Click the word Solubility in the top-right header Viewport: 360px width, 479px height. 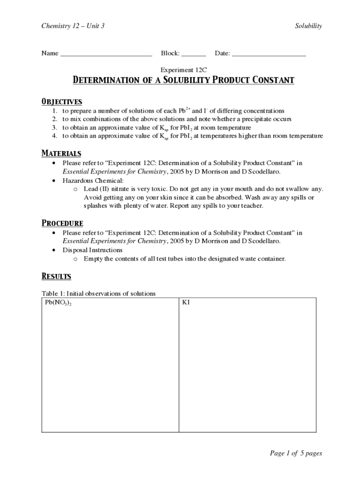coord(309,26)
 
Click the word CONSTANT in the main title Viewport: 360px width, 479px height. coord(268,80)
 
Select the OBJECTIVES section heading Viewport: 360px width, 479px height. coord(62,102)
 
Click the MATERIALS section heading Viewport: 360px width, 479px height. coord(61,153)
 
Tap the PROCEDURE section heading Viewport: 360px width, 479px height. coord(63,223)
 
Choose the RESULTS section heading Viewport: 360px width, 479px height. coord(56,276)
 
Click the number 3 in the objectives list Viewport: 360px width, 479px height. coord(55,128)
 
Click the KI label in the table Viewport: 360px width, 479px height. coord(186,303)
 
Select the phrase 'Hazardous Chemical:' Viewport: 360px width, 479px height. coord(93,181)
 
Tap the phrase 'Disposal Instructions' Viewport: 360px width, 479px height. coord(93,250)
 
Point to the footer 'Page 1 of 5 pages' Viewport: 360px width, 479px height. coord(296,453)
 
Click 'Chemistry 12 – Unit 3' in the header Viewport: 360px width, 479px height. coord(72,26)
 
